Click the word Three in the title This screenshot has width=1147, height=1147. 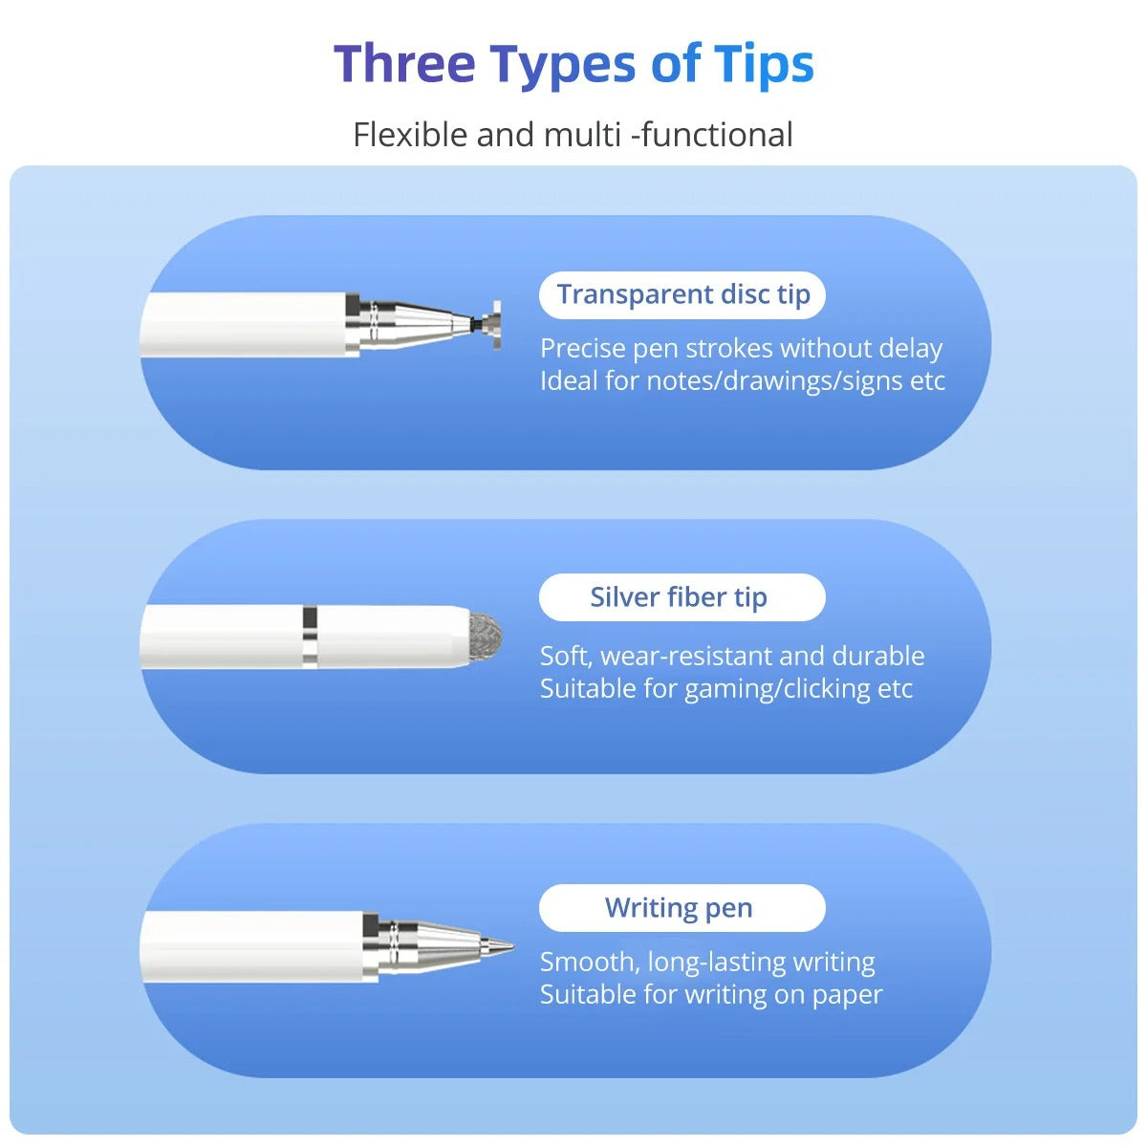(404, 64)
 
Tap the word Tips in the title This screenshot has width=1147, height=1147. (764, 64)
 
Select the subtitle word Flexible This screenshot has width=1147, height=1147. (410, 135)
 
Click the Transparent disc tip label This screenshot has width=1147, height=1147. (682, 294)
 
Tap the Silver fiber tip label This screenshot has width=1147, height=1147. (679, 597)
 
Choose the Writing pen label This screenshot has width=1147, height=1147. (679, 908)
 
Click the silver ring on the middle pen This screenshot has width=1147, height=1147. (309, 637)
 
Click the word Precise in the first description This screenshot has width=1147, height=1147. (582, 349)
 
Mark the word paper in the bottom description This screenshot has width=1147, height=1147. (847, 996)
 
